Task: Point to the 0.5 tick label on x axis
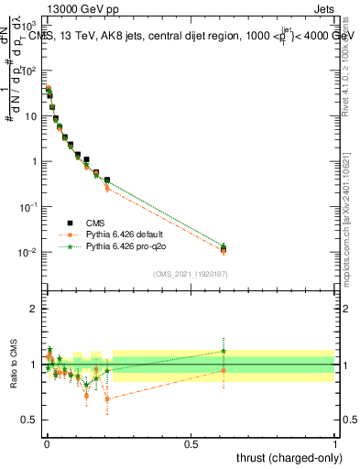[x=191, y=443]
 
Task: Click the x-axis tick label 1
[x=335, y=443]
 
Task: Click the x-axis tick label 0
[x=46, y=443]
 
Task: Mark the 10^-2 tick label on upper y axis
[x=27, y=253]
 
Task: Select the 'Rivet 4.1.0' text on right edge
[x=350, y=64]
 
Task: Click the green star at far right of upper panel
[x=223, y=245]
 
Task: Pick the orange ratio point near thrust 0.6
[x=223, y=370]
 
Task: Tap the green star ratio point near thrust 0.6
[x=223, y=351]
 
